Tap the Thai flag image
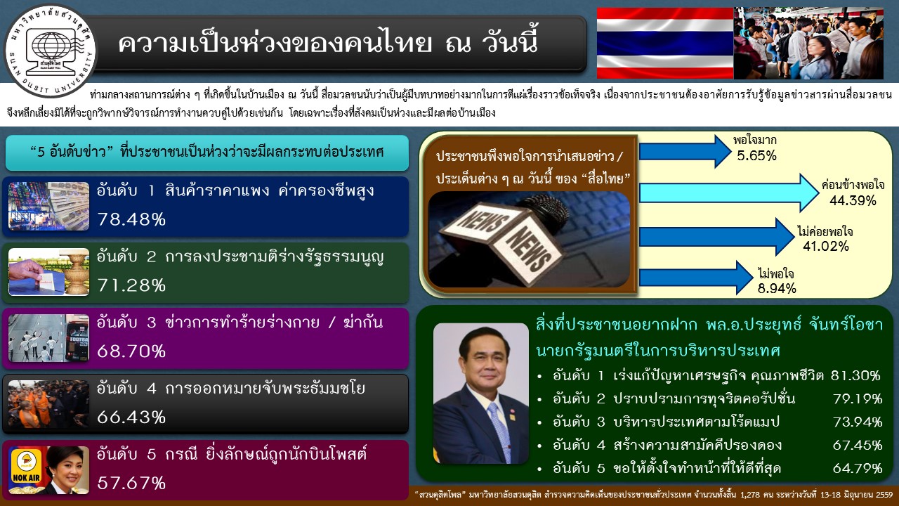tap(664, 43)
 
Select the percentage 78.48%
tap(131, 219)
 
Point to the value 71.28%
tap(131, 285)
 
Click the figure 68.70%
tap(131, 351)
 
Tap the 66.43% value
tap(131, 417)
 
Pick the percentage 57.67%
tap(131, 483)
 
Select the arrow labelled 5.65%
tap(685, 150)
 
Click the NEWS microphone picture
tap(530, 239)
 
